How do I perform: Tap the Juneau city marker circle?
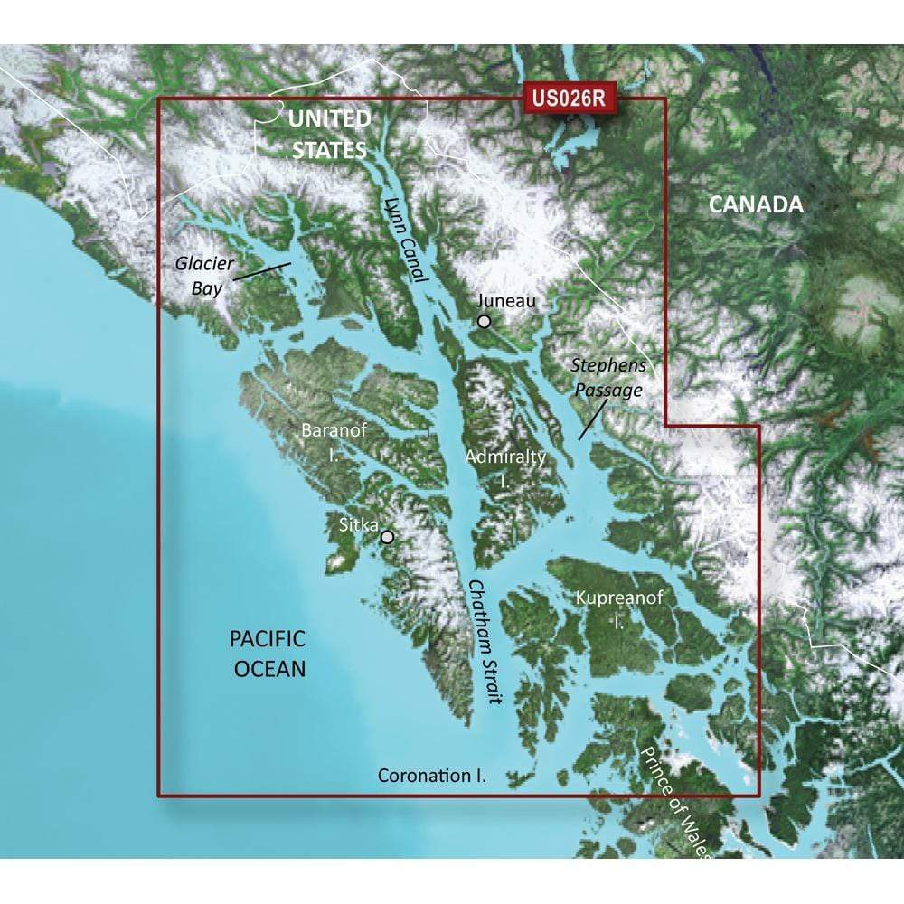point(485,321)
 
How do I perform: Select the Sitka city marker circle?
point(388,536)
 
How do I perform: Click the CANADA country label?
point(755,204)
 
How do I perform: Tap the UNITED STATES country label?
point(329,134)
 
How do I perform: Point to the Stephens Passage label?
point(607,378)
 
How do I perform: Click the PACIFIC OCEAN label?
point(267,654)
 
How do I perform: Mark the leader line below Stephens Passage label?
point(592,419)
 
